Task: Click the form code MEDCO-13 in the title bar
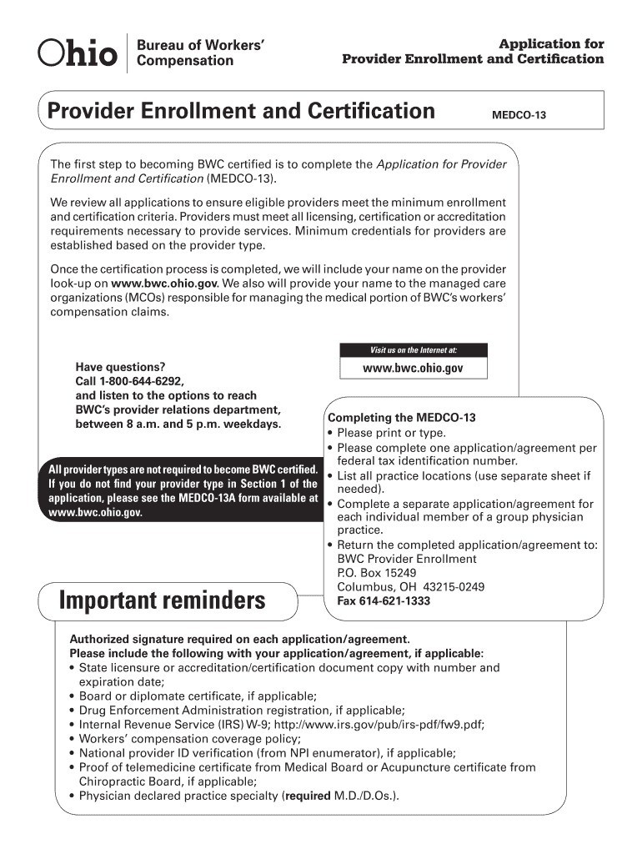[518, 115]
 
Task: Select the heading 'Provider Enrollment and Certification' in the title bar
[242, 111]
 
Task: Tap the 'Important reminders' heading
[163, 600]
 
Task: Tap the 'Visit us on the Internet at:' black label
[414, 349]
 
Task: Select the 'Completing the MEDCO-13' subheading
[402, 418]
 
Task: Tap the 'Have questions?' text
[120, 366]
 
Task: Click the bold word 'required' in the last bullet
[308, 795]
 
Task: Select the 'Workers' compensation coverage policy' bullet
[189, 738]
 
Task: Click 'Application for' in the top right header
[551, 43]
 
